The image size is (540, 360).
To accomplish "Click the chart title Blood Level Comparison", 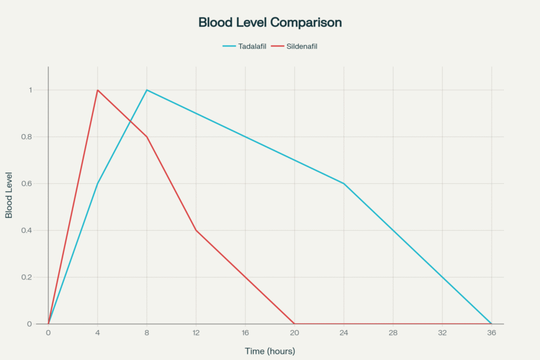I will (270, 22).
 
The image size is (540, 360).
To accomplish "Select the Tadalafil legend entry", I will (245, 46).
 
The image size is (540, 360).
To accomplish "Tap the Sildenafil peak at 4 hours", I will (97, 90).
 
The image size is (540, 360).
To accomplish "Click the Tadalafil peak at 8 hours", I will (146, 90).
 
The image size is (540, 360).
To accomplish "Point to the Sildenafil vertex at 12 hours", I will (196, 230).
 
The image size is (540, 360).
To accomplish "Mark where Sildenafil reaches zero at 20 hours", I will (294, 324).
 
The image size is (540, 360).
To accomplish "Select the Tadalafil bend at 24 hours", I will (344, 184).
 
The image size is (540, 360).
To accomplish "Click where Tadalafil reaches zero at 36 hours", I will (492, 324).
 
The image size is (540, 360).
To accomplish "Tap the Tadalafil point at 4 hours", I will (97, 184).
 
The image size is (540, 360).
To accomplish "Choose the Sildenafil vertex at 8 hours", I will (146, 137).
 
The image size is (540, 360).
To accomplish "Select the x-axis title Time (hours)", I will (270, 351).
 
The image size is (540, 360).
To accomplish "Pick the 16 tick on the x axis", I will (245, 333).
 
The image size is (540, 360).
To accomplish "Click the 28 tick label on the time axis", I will (393, 333).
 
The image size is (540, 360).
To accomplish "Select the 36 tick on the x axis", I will (492, 333).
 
